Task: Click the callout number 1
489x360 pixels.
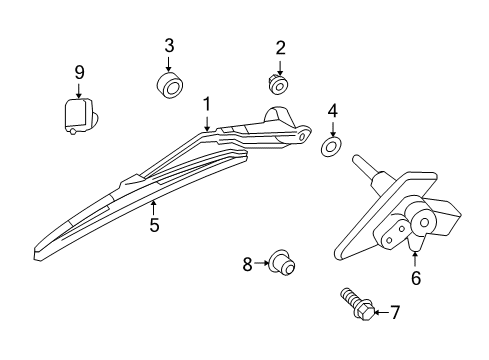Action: coord(207,105)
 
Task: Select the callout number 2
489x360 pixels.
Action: coord(280,47)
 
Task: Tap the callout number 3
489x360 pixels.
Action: coord(169,45)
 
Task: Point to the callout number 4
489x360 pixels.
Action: coord(332,111)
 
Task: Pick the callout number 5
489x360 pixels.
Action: coord(154,225)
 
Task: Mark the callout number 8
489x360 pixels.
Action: coord(247,264)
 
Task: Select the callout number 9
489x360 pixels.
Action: coord(79,72)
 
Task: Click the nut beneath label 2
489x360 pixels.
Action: coord(279,83)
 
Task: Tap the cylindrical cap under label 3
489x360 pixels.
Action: coord(169,86)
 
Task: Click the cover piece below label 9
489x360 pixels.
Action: coord(77,113)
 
